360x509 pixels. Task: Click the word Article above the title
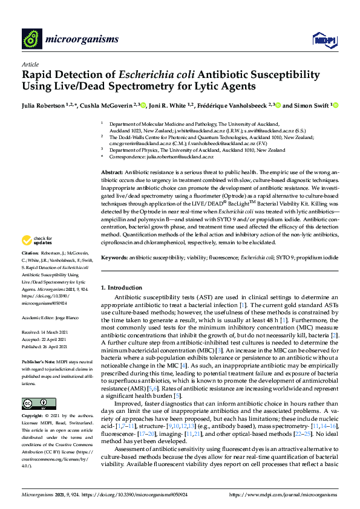[30, 63]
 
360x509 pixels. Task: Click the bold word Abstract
[111, 172]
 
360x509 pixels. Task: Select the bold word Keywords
[114, 258]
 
